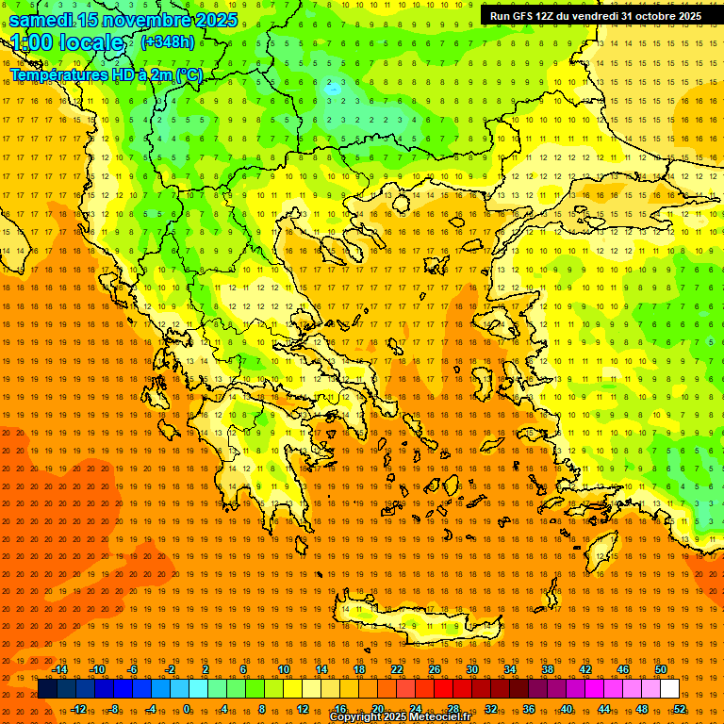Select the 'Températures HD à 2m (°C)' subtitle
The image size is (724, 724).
[x=106, y=74]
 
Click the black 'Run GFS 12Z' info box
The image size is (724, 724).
[x=595, y=15]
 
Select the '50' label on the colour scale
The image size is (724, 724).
[x=661, y=669]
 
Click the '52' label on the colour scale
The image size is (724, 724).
[x=680, y=709]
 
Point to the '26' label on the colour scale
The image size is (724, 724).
[x=435, y=669]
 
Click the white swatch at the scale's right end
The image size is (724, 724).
[x=670, y=689]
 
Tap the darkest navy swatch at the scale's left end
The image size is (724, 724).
[x=47, y=689]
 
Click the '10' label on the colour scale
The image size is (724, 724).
[x=284, y=669]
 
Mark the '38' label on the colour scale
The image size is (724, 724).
[x=548, y=669]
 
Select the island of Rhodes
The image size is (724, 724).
[x=603, y=547]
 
